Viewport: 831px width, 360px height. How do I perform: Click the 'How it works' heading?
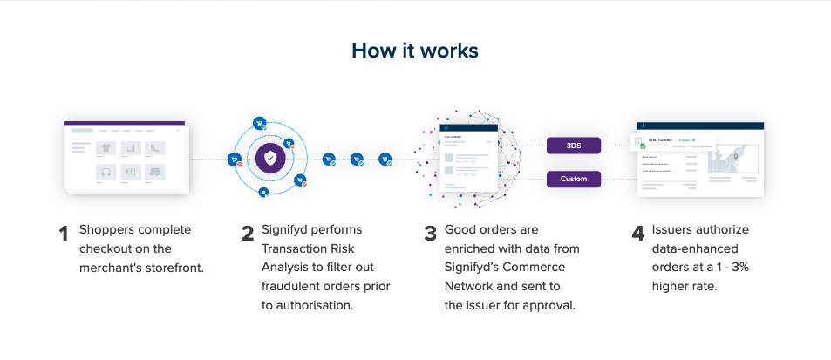(x=414, y=51)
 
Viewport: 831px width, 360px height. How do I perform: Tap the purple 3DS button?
(x=574, y=146)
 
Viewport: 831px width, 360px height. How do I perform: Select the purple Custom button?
(x=574, y=180)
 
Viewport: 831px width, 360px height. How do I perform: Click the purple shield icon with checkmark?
(x=271, y=159)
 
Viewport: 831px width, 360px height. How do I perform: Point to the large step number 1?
(x=63, y=234)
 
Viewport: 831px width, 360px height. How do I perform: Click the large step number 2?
(x=248, y=234)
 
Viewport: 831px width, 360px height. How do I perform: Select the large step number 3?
(x=430, y=234)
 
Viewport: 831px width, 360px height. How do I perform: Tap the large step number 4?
(x=637, y=234)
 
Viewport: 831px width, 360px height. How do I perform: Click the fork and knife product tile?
(x=131, y=172)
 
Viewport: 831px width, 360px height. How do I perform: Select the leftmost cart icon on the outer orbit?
(x=234, y=160)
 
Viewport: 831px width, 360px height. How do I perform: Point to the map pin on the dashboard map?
(x=737, y=157)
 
